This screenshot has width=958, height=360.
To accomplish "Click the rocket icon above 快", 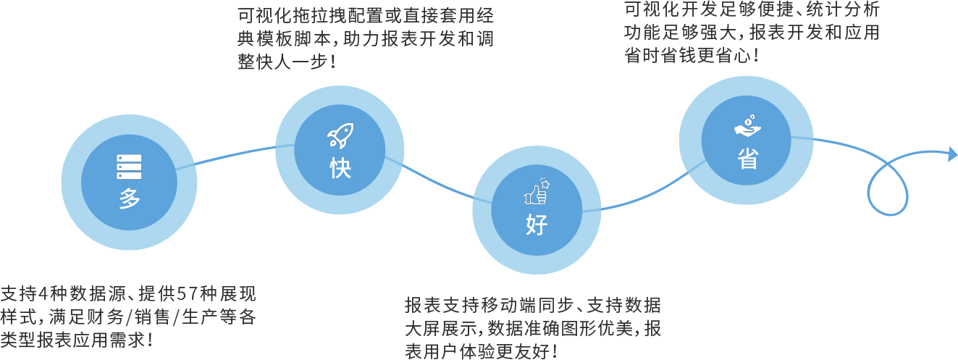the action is [x=340, y=135].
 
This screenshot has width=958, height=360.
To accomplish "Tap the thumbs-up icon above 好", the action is [x=537, y=191].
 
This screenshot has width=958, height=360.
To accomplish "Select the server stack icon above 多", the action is [x=129, y=167].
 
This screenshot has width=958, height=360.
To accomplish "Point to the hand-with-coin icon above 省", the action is [x=747, y=126].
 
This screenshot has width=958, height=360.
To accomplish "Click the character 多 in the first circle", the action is [x=129, y=198].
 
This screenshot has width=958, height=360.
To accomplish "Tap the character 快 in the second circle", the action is [x=340, y=167].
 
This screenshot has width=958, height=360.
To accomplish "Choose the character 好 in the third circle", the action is [x=537, y=225].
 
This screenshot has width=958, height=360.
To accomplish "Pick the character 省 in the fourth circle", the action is [x=747, y=159].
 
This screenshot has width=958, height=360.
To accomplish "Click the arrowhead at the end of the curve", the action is [x=953, y=154].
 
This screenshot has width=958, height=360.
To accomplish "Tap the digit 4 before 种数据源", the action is [x=43, y=294].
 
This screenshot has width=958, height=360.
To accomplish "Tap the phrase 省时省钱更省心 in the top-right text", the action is [x=688, y=55].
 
